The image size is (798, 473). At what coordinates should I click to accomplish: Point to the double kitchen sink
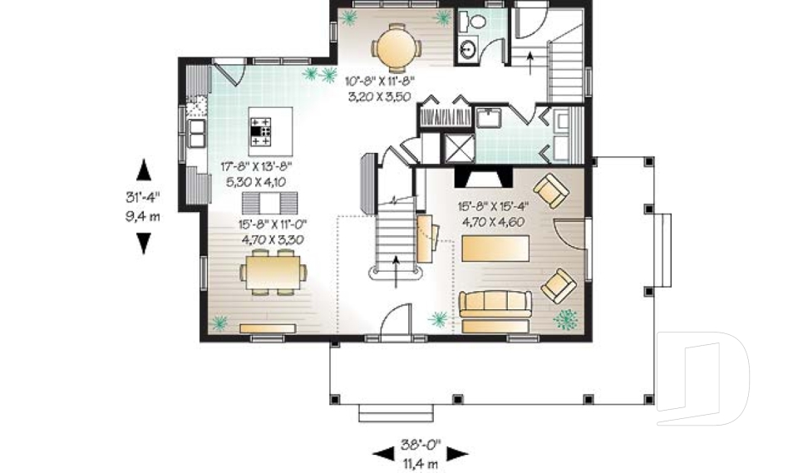coord(196,131)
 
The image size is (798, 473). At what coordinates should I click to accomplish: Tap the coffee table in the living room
coord(495,247)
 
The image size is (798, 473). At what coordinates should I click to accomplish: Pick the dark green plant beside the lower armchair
coord(567,318)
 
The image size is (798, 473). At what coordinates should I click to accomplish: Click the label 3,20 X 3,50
coord(380,96)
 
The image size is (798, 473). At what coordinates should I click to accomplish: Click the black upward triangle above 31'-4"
coord(144,170)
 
